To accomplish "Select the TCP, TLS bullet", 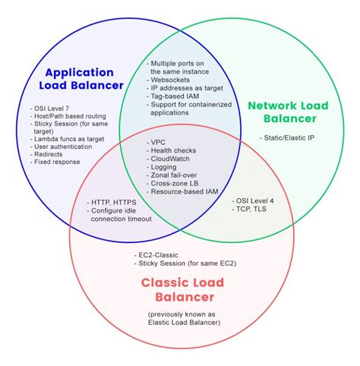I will [251, 210].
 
